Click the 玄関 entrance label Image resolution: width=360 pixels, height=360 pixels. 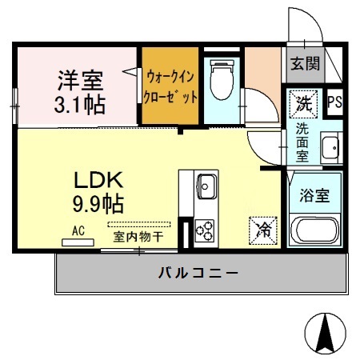click(x=305, y=63)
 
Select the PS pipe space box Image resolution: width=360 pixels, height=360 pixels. click(x=336, y=102)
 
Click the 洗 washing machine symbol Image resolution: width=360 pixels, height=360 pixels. click(x=304, y=103)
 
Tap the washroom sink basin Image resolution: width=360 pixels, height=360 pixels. click(x=330, y=148)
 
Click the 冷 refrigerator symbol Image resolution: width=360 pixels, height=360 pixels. click(x=262, y=230)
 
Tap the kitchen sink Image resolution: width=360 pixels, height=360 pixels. click(x=204, y=186)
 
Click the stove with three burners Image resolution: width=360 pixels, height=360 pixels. click(x=204, y=230)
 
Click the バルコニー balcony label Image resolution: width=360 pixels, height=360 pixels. click(x=196, y=273)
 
